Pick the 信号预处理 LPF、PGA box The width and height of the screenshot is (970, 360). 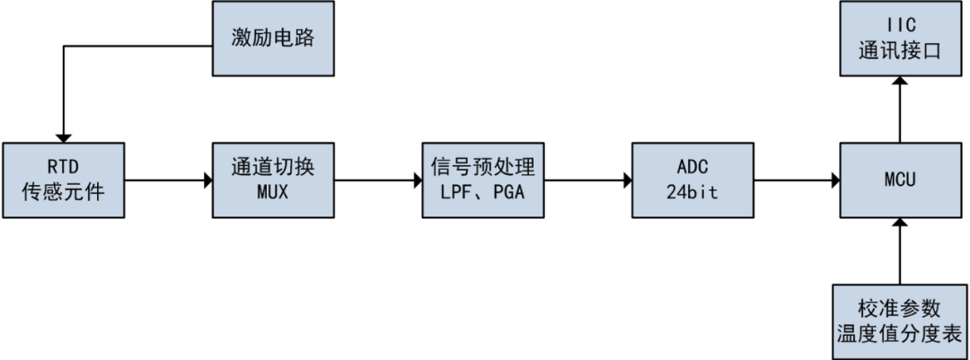tap(483, 180)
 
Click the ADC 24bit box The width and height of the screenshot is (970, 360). tap(692, 180)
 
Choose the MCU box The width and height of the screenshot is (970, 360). tap(901, 180)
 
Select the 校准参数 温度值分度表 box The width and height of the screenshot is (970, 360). tap(901, 320)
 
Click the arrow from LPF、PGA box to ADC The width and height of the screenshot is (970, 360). tap(587, 180)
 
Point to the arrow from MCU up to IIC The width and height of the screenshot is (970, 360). tap(901, 108)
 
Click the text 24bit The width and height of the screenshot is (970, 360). tap(692, 192)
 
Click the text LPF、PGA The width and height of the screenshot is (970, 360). tap(483, 192)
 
